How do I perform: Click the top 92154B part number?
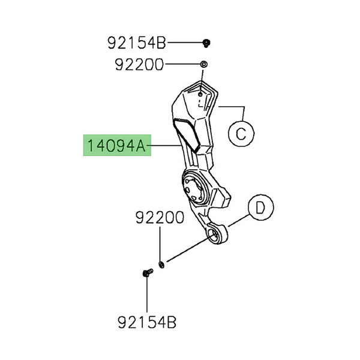click(x=136, y=43)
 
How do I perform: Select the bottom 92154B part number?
click(x=148, y=325)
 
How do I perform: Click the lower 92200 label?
click(x=160, y=218)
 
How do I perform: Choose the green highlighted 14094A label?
click(x=117, y=145)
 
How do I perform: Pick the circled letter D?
click(x=260, y=208)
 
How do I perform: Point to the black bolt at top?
click(x=206, y=43)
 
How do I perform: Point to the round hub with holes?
click(x=194, y=188)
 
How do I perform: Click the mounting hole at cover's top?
click(x=200, y=92)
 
